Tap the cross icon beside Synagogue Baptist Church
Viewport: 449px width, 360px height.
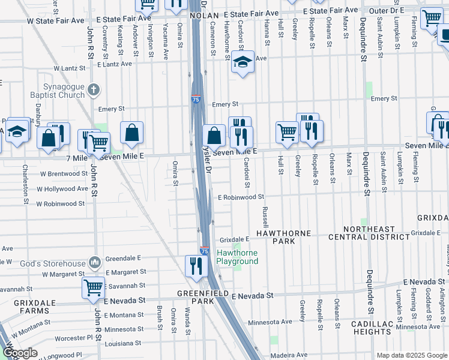(x=93, y=90)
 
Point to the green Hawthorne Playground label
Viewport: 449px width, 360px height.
(x=237, y=257)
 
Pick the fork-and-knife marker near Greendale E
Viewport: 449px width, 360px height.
(x=196, y=265)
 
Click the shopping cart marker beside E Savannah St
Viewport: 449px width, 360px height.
(x=93, y=287)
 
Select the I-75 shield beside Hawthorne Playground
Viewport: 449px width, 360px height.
(x=204, y=252)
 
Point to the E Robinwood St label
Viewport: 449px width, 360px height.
(x=241, y=197)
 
